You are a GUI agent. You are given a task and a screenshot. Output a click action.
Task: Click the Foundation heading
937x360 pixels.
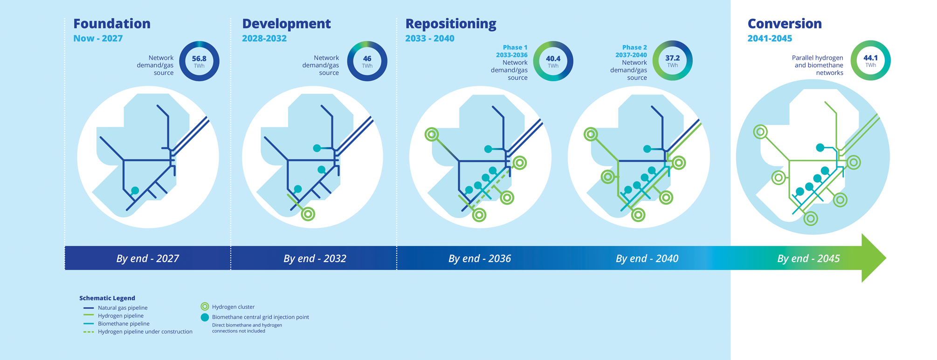[x=112, y=24]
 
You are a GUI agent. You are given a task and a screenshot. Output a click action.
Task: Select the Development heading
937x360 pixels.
[x=286, y=24]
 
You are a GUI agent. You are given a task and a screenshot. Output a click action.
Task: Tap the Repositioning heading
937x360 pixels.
[x=450, y=24]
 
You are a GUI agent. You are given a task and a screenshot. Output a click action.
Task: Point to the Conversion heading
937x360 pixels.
[x=785, y=24]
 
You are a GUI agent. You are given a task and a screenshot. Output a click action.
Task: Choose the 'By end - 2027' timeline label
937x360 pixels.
[x=147, y=258]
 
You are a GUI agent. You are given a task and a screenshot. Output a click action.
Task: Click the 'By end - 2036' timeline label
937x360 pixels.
[x=480, y=258]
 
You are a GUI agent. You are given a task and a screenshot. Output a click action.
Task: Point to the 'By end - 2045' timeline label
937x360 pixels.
[x=808, y=258]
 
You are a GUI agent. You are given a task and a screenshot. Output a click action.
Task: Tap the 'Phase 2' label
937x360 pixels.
[x=634, y=48]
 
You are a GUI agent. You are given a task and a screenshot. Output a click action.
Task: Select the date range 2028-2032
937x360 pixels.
[x=264, y=39]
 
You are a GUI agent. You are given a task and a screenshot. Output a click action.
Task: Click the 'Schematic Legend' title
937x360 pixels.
[x=107, y=298]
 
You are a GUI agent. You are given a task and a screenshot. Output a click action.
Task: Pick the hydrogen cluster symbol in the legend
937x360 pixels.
[x=205, y=306]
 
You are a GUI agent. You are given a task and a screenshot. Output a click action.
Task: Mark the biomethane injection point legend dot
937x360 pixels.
[x=205, y=317]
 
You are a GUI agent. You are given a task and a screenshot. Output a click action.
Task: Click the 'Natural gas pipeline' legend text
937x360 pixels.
[x=123, y=308]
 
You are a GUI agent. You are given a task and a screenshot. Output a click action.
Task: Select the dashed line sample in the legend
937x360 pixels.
[x=89, y=332]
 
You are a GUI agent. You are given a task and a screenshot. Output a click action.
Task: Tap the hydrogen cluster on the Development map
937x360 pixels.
[x=308, y=214]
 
